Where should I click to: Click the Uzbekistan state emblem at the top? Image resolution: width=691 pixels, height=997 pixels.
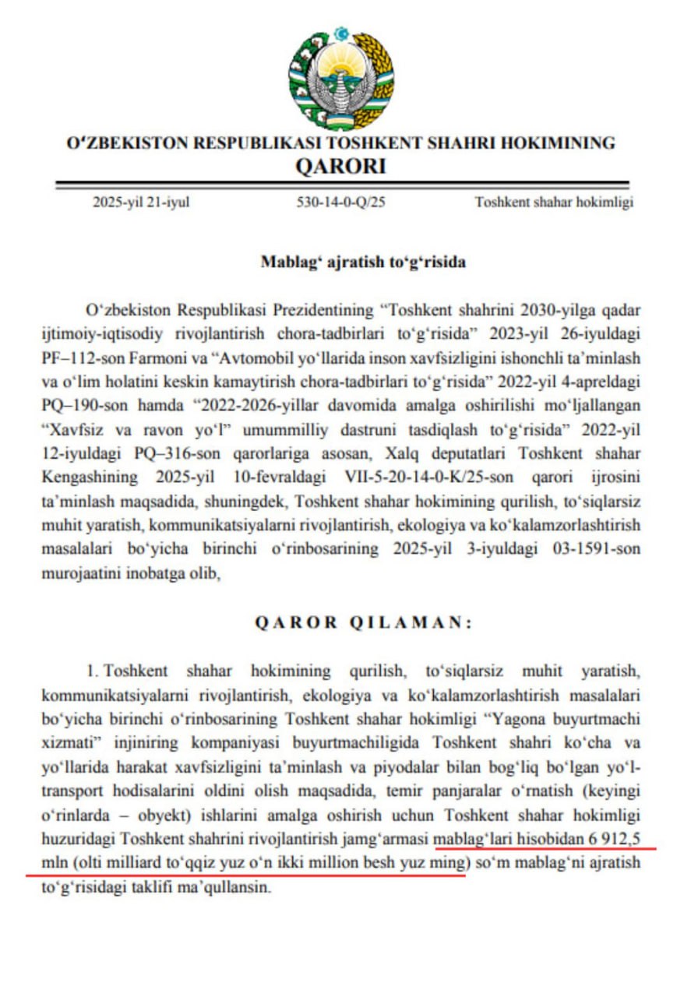click(340, 80)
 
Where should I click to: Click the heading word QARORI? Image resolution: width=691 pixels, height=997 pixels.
click(340, 166)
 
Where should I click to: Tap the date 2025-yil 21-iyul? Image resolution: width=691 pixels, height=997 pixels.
click(142, 203)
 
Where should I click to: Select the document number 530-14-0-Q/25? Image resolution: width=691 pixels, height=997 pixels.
click(341, 203)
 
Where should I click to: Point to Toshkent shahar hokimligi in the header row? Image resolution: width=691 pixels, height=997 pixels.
click(554, 203)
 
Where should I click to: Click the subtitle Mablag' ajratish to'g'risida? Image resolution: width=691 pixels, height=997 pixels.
click(363, 262)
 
